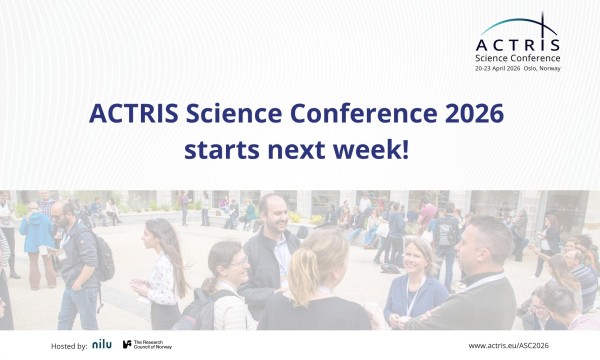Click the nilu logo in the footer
102,344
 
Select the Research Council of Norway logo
147,344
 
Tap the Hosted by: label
69,345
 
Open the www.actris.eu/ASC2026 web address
508,345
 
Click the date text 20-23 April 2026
497,68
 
